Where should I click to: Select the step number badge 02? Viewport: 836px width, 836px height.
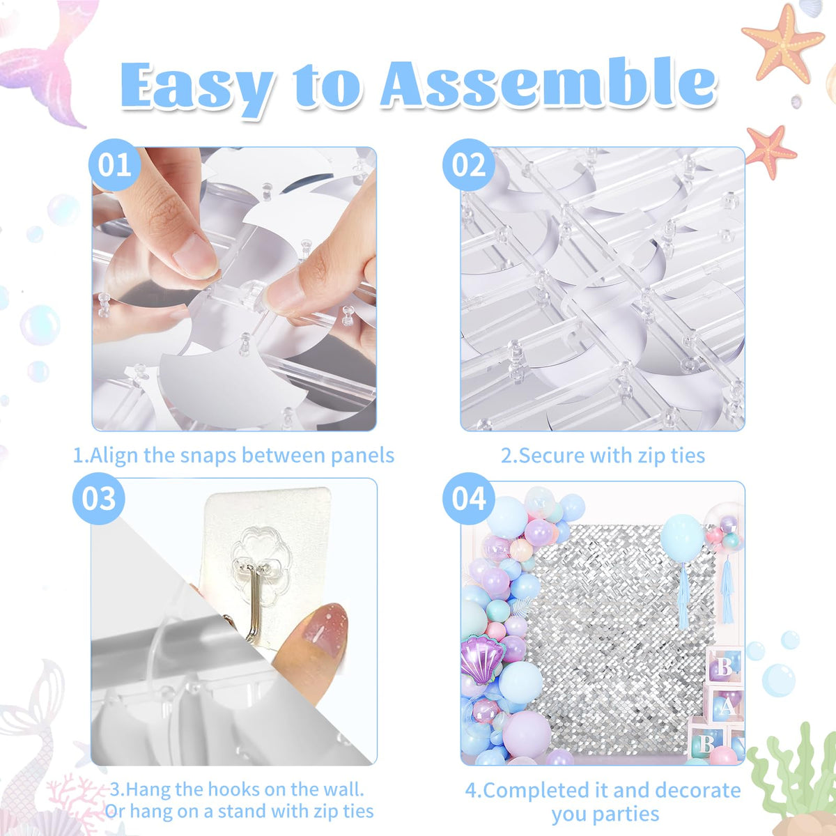[468, 166]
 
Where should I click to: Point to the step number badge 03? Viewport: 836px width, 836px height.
[99, 499]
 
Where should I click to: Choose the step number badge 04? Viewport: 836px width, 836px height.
[468, 499]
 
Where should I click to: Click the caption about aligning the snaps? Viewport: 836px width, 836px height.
[234, 456]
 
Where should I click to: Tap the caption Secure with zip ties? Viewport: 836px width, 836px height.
[603, 456]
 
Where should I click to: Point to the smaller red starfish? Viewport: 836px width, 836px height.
[771, 150]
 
